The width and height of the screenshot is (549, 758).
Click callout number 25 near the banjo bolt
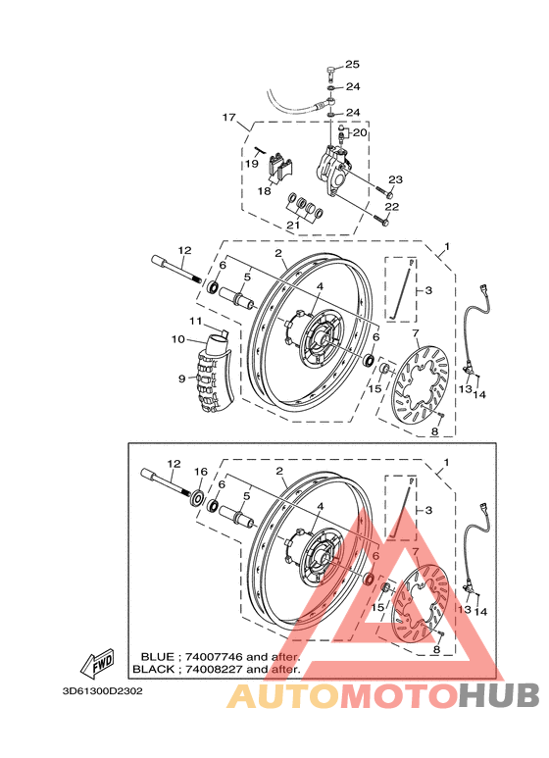tap(352, 65)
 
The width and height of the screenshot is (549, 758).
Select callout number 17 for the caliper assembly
tap(229, 119)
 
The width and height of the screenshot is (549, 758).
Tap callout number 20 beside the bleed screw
tap(359, 132)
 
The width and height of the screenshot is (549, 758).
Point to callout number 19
tap(252, 165)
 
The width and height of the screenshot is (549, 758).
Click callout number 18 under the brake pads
tap(264, 191)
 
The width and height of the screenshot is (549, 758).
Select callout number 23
tap(395, 179)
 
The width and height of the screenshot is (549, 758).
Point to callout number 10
tap(178, 339)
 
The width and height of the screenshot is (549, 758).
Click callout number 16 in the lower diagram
tap(199, 472)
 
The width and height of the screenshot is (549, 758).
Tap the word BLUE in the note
tap(158, 656)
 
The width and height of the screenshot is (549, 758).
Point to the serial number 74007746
tap(211, 656)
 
